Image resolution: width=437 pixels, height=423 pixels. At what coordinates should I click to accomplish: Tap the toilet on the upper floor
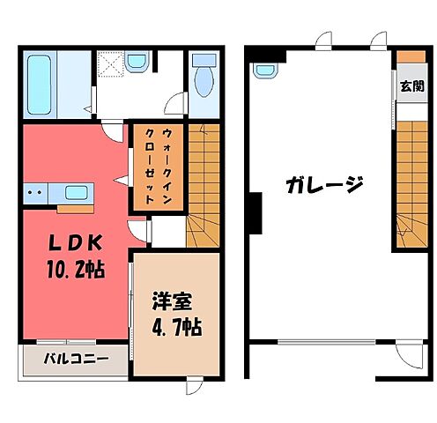point(203,82)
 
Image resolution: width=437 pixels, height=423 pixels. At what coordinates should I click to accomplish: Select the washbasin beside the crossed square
point(137,63)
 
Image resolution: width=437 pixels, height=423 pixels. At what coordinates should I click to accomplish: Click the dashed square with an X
point(110,65)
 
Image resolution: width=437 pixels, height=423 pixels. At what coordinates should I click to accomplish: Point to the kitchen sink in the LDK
point(75,193)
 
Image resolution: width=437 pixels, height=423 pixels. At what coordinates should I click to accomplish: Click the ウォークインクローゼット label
point(156,165)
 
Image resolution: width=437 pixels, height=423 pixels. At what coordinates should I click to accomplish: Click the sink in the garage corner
point(266,70)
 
